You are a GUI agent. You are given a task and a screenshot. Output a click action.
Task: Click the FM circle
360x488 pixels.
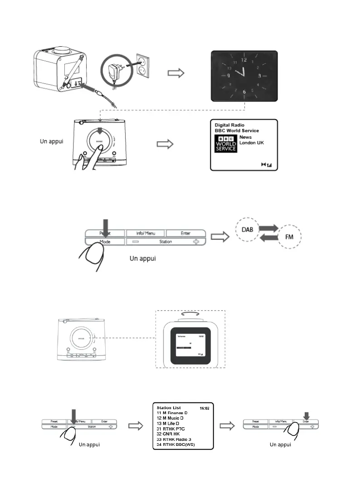[288, 237]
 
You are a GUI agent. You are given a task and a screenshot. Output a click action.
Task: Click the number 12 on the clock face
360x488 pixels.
[244, 59]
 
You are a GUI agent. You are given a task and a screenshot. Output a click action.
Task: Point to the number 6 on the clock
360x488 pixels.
[244, 92]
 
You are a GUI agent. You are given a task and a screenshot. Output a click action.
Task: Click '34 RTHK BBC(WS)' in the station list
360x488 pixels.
[178, 445]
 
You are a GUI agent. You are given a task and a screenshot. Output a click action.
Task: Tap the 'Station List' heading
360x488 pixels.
[169, 408]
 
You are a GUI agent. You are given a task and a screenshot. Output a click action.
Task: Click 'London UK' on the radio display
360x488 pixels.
[252, 143]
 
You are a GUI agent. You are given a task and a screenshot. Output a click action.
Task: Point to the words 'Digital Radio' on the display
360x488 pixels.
[229, 125]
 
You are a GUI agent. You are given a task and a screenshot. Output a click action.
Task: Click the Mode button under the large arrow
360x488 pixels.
[105, 242]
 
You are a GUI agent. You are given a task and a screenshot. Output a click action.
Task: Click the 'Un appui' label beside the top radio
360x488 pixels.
[49, 141]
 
